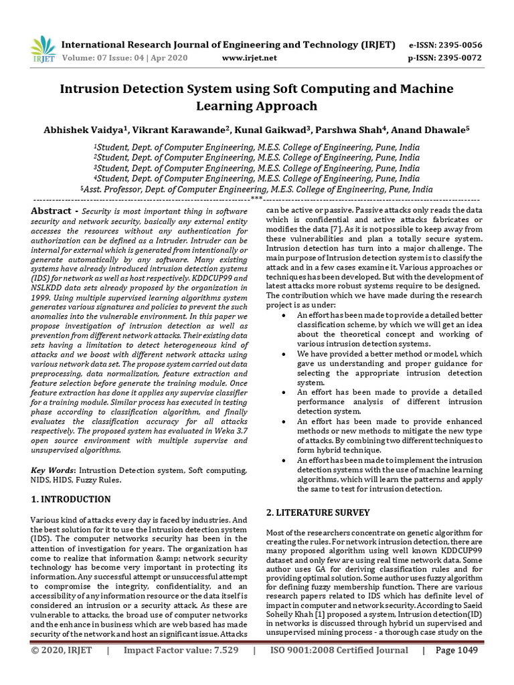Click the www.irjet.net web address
[x=249, y=58]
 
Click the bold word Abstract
[x=52, y=211]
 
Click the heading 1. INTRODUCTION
[x=71, y=499]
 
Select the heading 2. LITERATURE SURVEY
[x=318, y=512]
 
